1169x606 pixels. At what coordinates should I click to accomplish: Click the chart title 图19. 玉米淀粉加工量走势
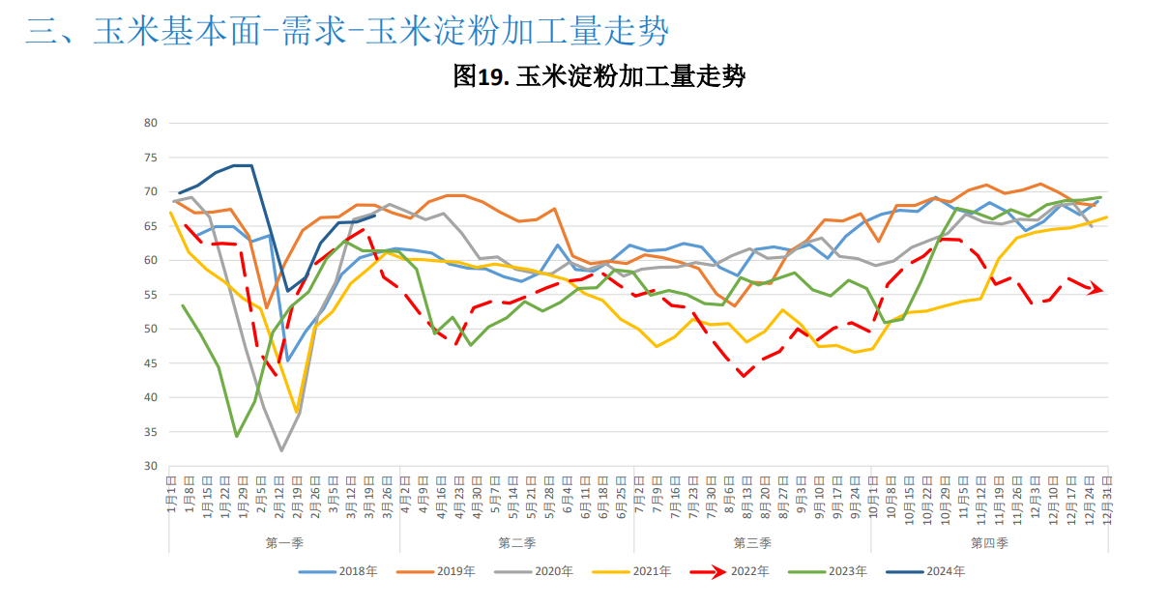[599, 77]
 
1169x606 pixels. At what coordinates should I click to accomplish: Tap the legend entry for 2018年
[337, 571]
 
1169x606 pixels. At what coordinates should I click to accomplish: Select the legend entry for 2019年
[436, 571]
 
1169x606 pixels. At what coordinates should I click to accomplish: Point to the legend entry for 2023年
[829, 571]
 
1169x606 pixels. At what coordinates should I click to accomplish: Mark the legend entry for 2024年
[926, 571]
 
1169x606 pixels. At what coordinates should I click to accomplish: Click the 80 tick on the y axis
[150, 123]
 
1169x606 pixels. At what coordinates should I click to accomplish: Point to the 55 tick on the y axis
[150, 295]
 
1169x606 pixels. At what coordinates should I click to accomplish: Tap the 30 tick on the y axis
[150, 466]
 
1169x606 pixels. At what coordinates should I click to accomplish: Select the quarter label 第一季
[284, 543]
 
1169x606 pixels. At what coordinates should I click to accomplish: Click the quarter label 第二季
[517, 543]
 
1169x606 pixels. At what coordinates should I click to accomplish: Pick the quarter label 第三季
[752, 543]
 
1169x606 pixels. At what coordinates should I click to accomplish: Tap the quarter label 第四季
[988, 543]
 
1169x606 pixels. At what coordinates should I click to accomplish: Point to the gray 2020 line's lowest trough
[281, 450]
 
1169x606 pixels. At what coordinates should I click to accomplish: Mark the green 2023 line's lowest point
[237, 436]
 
